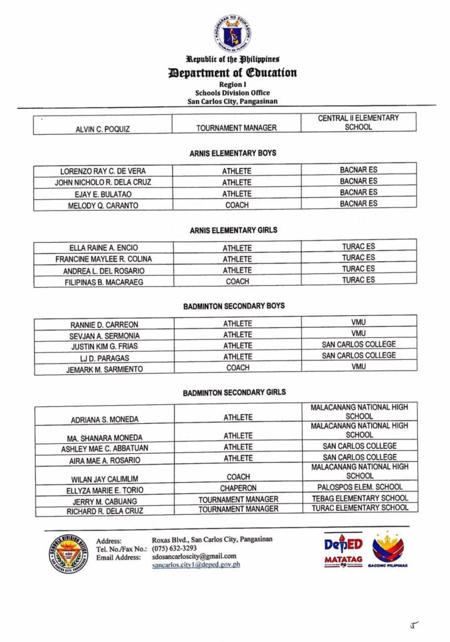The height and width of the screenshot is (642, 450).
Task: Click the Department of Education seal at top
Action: point(232,33)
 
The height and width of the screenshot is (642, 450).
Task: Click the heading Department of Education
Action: point(232,73)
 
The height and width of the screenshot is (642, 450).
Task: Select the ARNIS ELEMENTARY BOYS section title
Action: point(232,153)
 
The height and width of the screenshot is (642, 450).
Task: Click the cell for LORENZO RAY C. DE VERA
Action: point(102,171)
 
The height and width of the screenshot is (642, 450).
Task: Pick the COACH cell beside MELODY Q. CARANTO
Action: point(237,205)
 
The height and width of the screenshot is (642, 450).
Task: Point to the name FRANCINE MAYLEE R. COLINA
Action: point(104,259)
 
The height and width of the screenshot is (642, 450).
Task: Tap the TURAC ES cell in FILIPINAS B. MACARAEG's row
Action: point(358,280)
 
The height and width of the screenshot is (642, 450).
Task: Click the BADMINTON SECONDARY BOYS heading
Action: point(233,306)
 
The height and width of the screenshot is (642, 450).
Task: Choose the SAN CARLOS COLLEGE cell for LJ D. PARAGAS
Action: point(358,355)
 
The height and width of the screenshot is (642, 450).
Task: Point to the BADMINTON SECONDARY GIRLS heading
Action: point(234,392)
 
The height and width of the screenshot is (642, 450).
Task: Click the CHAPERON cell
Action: point(237,488)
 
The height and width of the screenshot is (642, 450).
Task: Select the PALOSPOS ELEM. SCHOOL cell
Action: point(359,487)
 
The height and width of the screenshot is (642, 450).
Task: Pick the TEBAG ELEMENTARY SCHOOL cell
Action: point(359,498)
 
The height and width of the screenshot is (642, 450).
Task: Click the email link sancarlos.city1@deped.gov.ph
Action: point(196,565)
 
